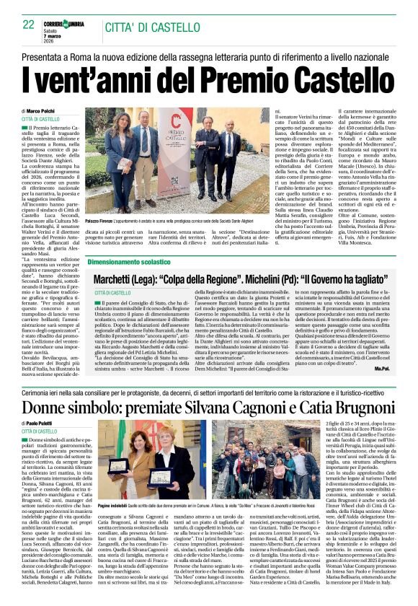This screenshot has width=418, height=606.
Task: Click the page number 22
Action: tap(29, 24)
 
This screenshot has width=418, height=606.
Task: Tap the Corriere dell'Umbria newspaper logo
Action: tap(66, 22)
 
